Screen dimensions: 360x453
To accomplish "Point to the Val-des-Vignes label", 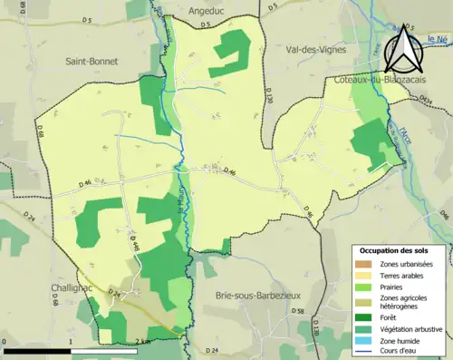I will coord(315,50).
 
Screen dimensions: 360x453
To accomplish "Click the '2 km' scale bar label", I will coord(138,342).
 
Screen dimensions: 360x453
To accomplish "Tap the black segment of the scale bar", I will coord(36,350).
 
